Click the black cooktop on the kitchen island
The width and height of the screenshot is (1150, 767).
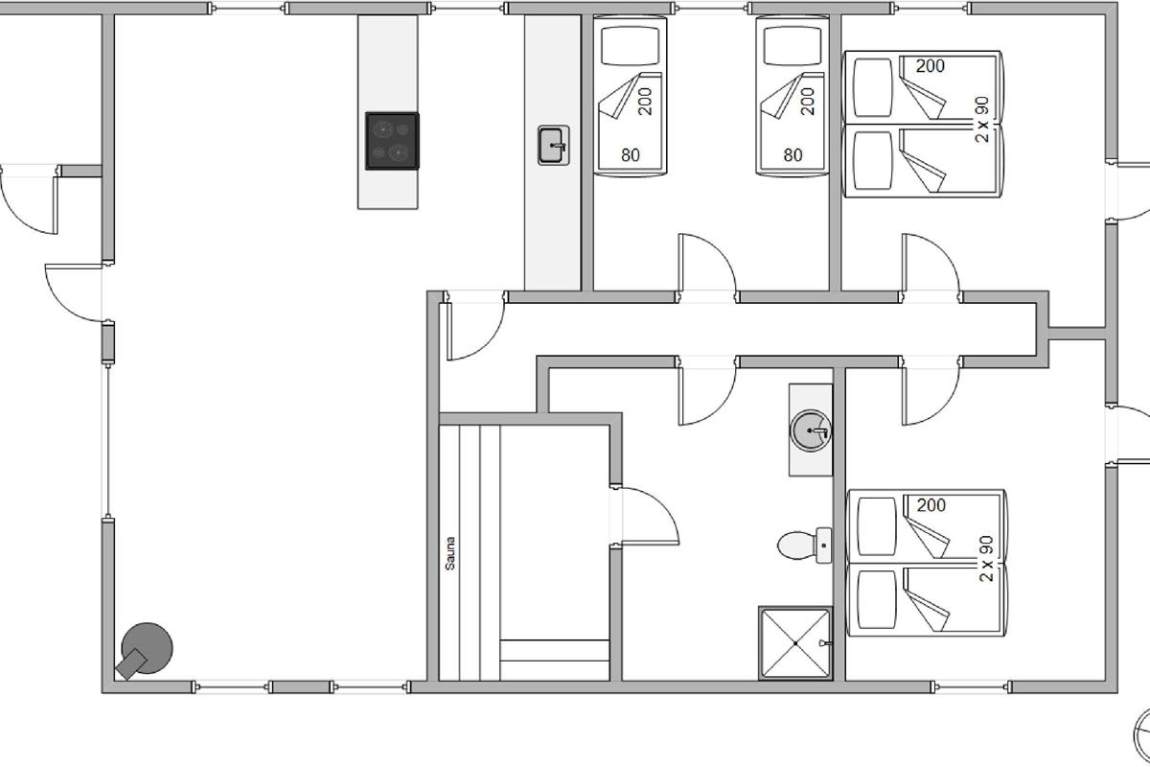[392, 141]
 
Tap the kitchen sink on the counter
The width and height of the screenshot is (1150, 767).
[554, 146]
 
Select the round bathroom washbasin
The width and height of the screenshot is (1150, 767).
[811, 430]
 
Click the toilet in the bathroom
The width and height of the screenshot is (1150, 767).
[804, 546]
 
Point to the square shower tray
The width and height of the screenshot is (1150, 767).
[795, 643]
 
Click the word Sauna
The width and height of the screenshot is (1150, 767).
[450, 553]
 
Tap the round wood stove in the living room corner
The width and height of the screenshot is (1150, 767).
[144, 650]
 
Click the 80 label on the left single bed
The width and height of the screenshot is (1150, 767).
[631, 154]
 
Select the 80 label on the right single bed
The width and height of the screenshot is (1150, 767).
[793, 154]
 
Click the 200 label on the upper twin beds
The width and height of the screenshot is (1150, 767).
[931, 66]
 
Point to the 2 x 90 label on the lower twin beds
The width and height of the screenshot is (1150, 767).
[986, 558]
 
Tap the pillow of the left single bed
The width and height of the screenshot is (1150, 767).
[630, 46]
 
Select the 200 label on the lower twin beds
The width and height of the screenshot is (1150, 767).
[931, 505]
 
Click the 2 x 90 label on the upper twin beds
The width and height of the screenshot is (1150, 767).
[981, 119]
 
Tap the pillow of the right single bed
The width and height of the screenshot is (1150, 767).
[793, 46]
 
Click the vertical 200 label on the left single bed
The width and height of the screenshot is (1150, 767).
[645, 102]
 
